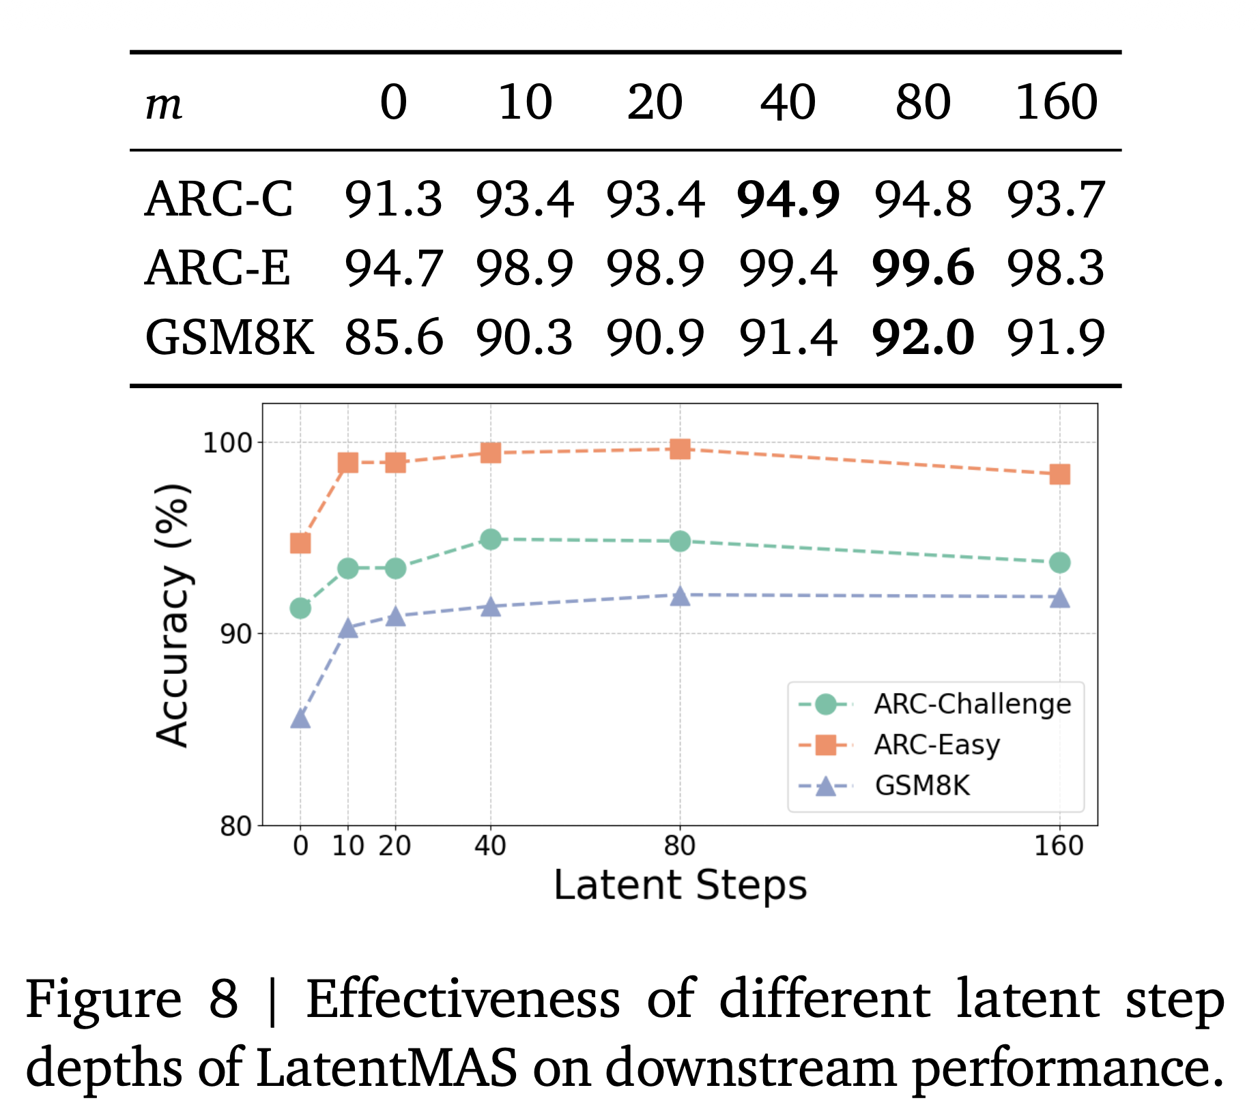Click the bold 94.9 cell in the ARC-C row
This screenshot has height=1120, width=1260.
click(788, 200)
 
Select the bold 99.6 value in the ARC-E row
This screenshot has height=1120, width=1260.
click(923, 268)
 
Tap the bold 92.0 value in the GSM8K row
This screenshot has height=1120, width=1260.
click(923, 338)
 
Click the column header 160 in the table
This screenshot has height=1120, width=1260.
click(1057, 103)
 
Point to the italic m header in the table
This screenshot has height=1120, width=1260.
click(164, 106)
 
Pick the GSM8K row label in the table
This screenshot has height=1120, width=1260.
click(229, 338)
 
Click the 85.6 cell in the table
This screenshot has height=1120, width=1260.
click(394, 338)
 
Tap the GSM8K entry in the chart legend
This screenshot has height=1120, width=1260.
click(921, 786)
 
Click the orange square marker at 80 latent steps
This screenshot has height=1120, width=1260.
click(680, 449)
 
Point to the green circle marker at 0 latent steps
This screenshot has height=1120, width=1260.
click(300, 608)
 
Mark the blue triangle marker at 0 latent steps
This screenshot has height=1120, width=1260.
click(300, 719)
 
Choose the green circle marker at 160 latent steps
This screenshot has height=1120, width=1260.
click(1059, 563)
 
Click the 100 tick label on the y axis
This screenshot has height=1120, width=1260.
click(227, 443)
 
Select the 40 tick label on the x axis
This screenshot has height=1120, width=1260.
click(490, 846)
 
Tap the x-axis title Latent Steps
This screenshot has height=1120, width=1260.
click(680, 885)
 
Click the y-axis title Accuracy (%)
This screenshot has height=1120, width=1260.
click(172, 615)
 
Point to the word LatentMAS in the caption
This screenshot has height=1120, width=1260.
click(386, 1067)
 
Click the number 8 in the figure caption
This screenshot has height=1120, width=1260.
click(223, 999)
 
